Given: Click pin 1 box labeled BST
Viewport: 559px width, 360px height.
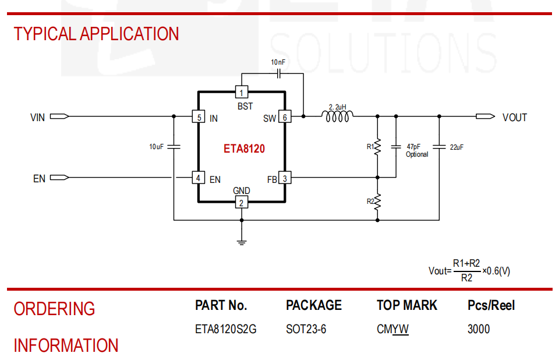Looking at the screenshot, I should coord(241,92).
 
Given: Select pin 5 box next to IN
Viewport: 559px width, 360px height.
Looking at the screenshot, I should coord(199,117).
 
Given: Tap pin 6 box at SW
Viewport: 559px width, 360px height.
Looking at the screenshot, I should coord(285,117).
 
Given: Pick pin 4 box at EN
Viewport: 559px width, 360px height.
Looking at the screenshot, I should coord(199,178).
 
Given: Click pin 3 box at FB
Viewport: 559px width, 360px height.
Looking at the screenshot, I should coord(285,178).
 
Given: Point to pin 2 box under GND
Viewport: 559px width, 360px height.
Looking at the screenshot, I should coord(241,203).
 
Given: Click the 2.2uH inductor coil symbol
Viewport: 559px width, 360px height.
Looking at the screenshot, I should coord(337,117).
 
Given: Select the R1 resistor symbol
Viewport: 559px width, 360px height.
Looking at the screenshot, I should coord(377,146).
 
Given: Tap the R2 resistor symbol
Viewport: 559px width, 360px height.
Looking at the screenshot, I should coord(377,202).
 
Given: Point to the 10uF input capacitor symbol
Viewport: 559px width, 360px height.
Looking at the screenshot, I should coord(174,146).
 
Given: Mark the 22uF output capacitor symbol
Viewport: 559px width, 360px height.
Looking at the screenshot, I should coord(439,146).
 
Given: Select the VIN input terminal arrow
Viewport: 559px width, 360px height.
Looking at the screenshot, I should coord(59,117).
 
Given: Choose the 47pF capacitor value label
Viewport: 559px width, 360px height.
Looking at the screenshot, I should coord(413,147).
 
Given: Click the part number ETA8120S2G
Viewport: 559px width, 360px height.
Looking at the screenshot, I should coord(225,329).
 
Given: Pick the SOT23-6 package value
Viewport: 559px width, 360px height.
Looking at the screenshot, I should coord(306,329).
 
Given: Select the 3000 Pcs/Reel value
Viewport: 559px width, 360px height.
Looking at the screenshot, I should coord(479,329).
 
